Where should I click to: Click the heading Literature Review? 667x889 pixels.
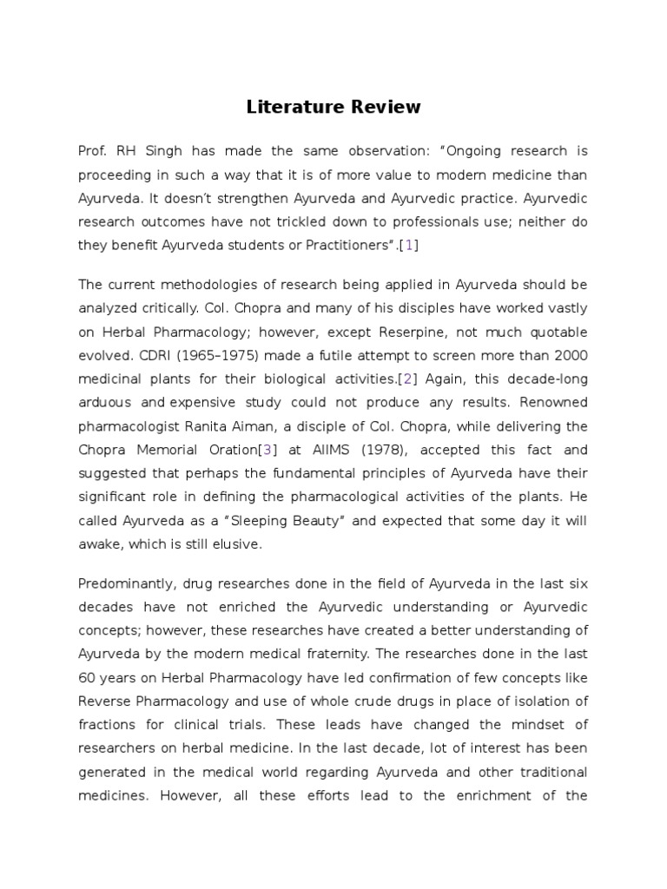coord(333,107)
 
